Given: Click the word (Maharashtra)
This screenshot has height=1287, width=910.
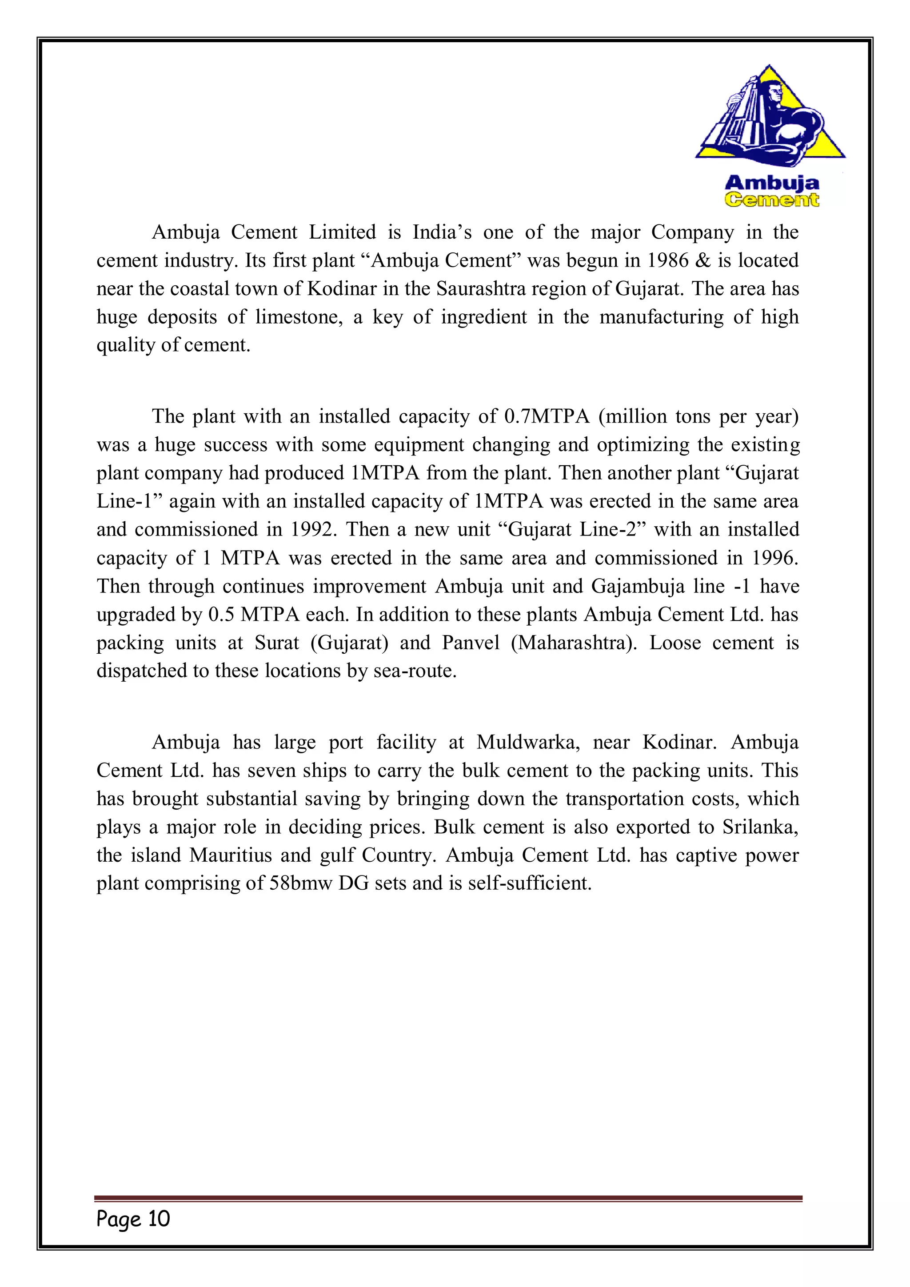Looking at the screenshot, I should [574, 643].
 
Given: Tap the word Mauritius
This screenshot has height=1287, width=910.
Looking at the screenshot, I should [230, 855].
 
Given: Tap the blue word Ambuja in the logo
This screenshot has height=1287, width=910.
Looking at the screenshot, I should [772, 183].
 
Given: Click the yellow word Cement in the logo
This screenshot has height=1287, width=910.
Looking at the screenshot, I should [772, 200].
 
